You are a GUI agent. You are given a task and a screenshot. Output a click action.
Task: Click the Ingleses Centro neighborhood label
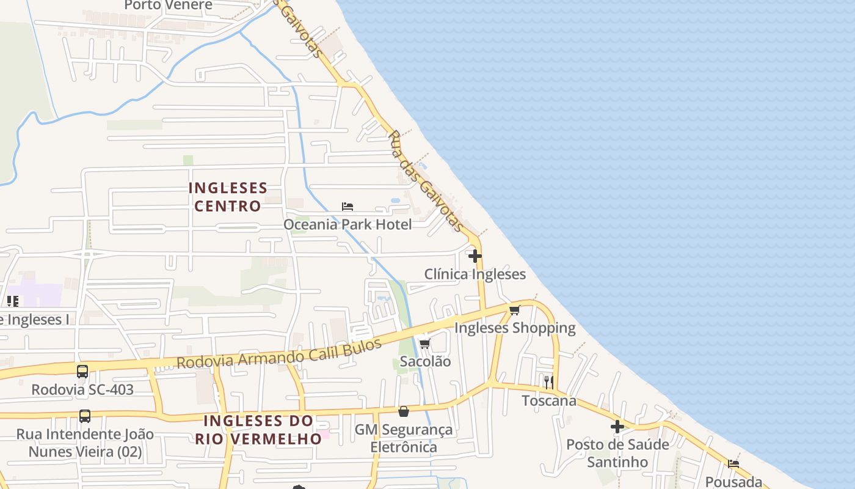coord(228,197)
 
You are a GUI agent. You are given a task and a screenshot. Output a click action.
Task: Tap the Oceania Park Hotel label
coord(347,224)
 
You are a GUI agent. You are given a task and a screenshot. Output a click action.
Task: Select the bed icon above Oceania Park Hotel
coord(347,207)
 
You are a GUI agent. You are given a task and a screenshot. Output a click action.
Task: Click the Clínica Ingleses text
coord(475,274)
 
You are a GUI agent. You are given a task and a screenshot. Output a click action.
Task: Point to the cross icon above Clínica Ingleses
coord(475,256)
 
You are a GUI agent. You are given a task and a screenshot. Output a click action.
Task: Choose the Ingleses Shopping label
coord(515,328)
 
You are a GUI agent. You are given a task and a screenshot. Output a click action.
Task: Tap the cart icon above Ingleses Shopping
coord(515,310)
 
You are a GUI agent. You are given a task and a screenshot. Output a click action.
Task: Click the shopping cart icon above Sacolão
coord(425,344)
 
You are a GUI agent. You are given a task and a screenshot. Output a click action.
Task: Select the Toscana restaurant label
coord(549,401)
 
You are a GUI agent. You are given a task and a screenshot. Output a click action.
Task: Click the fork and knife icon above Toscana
coord(549,383)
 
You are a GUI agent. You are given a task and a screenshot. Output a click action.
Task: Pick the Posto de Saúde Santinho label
coord(617,453)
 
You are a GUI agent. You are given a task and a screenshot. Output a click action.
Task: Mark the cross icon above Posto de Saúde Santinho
coord(617,426)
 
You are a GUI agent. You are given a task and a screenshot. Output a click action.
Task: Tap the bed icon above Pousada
coord(733,463)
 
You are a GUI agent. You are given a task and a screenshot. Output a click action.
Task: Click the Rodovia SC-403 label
coord(82,389)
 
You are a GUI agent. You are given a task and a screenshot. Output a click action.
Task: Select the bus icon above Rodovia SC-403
coord(82,371)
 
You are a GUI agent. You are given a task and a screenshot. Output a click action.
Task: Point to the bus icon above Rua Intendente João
coord(85,416)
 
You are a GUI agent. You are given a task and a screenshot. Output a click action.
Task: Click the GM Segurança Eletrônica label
coord(404,438)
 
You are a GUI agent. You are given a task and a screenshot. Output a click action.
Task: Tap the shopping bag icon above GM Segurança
coord(404,411)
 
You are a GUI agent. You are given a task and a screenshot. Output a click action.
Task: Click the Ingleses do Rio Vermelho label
coord(258,430)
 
